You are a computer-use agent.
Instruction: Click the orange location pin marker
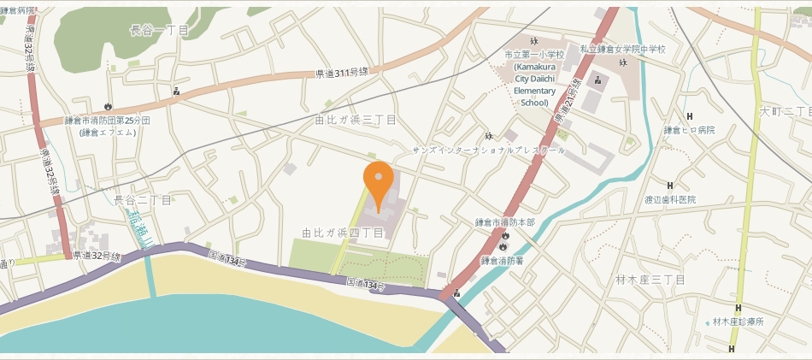coord(379,182)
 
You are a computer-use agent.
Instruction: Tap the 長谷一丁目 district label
coord(159,31)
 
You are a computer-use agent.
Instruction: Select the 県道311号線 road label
coord(341,74)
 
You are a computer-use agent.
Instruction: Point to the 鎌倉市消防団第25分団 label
coord(108,121)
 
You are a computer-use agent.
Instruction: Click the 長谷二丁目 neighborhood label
coord(143,200)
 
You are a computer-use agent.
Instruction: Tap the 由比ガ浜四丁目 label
coord(343,233)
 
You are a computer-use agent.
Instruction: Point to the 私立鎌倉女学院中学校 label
coord(622,50)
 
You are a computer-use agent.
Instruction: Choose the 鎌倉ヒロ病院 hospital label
coord(689,131)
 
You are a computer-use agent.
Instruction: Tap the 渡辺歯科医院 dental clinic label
coord(670,199)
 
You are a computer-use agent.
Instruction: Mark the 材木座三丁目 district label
coord(650,280)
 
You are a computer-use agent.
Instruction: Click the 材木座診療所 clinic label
coord(738,322)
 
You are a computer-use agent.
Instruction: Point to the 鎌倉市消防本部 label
coord(505,222)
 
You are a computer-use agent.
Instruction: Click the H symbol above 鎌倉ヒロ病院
coord(690,116)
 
